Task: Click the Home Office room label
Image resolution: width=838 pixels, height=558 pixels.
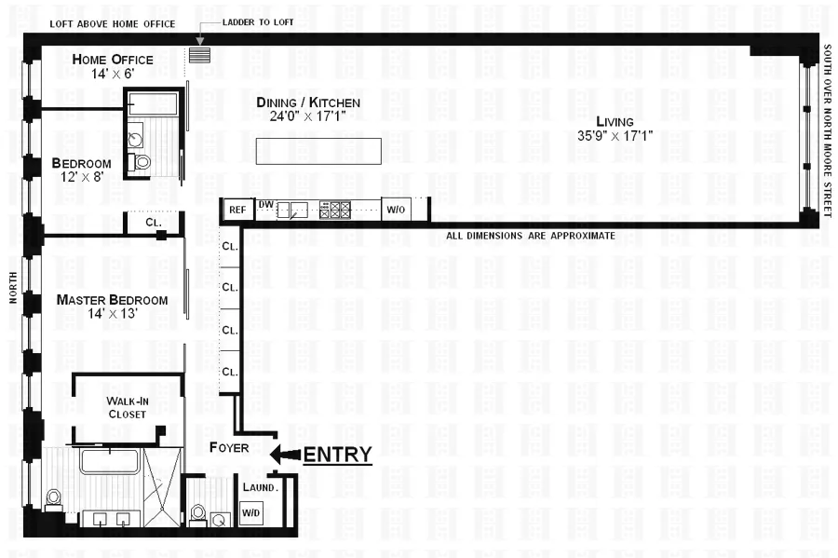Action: pyautogui.click(x=112, y=60)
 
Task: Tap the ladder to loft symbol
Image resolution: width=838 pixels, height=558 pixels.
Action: pyautogui.click(x=199, y=55)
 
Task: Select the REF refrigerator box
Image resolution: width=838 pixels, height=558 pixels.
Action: pyautogui.click(x=237, y=211)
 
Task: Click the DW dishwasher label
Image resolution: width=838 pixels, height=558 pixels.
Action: pyautogui.click(x=265, y=204)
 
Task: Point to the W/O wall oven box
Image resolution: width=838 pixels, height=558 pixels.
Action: pyautogui.click(x=395, y=210)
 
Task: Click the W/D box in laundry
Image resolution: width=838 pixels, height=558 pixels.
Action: pyautogui.click(x=250, y=512)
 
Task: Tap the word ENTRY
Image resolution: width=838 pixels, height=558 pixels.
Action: pyautogui.click(x=337, y=455)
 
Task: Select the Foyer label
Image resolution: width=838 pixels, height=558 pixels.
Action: pyautogui.click(x=229, y=448)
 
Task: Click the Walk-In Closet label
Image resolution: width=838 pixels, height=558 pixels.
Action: pyautogui.click(x=127, y=407)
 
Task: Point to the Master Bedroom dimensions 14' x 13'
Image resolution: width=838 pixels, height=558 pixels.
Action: pyautogui.click(x=112, y=315)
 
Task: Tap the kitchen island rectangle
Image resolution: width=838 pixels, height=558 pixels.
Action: pyautogui.click(x=318, y=151)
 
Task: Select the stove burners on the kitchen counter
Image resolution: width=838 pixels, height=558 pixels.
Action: pyautogui.click(x=334, y=211)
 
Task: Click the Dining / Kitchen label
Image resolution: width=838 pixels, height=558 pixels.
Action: pyautogui.click(x=308, y=102)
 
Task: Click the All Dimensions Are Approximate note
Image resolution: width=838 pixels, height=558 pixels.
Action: pyautogui.click(x=531, y=236)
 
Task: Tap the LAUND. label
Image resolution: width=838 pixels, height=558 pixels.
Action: pyautogui.click(x=260, y=487)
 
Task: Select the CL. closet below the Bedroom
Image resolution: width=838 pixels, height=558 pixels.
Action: pyautogui.click(x=153, y=223)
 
